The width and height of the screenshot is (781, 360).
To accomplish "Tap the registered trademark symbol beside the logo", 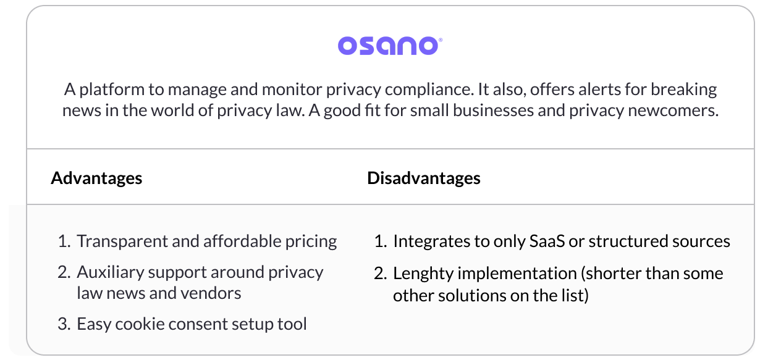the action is (x=441, y=40).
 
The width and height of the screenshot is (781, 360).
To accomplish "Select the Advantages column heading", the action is (x=96, y=178).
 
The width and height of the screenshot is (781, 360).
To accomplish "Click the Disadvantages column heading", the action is (x=424, y=178).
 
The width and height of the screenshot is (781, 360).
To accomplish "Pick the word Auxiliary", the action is (x=110, y=272).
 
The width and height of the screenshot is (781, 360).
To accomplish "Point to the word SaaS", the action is (x=547, y=241).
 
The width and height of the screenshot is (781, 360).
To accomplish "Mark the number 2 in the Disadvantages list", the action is (x=381, y=274).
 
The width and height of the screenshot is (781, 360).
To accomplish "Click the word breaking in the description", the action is (x=684, y=90).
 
